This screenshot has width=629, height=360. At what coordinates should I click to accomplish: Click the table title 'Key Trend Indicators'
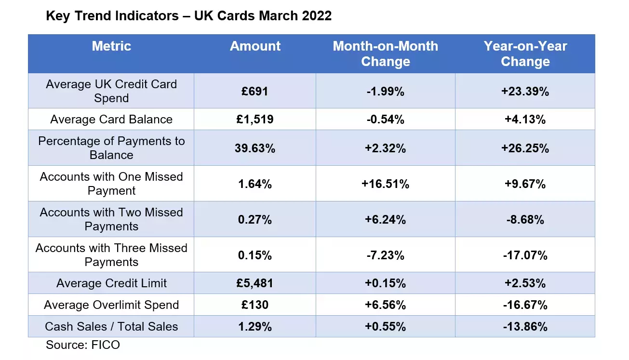coord(188,16)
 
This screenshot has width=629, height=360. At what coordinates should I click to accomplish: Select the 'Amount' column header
coord(255,46)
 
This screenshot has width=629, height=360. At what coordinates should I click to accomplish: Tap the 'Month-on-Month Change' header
coord(385,54)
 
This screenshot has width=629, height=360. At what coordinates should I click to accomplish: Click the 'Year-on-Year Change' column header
coord(525,54)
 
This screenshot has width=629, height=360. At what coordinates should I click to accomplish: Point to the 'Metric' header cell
coord(111,46)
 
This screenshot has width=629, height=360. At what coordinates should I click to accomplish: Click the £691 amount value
coord(255,91)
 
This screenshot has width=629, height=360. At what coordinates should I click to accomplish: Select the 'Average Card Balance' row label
coord(111,120)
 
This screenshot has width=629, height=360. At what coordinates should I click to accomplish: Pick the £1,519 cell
coord(255,120)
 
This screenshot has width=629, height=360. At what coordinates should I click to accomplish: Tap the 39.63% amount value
coord(255,148)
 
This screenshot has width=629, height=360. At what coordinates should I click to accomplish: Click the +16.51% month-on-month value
coord(385,184)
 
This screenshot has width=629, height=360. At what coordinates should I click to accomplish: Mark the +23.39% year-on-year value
coord(525,91)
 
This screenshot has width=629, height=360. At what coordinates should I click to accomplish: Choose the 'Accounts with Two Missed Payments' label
coord(111,219)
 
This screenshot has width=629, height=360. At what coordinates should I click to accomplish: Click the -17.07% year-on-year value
coord(525,255)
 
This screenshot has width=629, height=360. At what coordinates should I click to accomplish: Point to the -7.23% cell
coord(385,255)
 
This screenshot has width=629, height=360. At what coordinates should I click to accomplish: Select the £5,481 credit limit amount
coord(255,283)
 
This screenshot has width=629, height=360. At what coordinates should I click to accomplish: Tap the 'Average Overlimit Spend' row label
coord(111,305)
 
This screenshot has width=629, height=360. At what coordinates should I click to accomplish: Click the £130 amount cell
coord(255,305)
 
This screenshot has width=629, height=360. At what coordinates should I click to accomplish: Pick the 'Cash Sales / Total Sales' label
coord(111,326)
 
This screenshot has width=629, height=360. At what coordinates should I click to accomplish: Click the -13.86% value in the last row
coord(525,326)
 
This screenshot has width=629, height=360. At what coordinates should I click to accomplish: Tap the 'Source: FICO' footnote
coord(82,345)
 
